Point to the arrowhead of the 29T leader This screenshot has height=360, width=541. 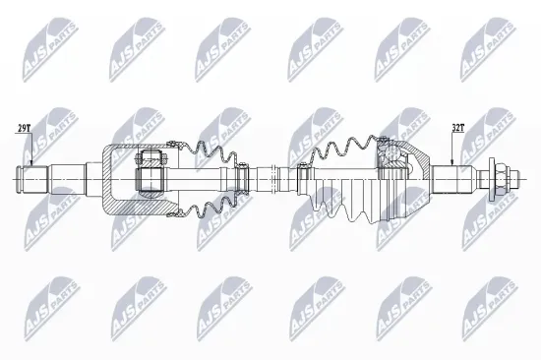pos(31,166)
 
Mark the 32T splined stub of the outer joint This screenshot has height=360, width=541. pos(456,180)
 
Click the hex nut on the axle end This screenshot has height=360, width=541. pos(501,180)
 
